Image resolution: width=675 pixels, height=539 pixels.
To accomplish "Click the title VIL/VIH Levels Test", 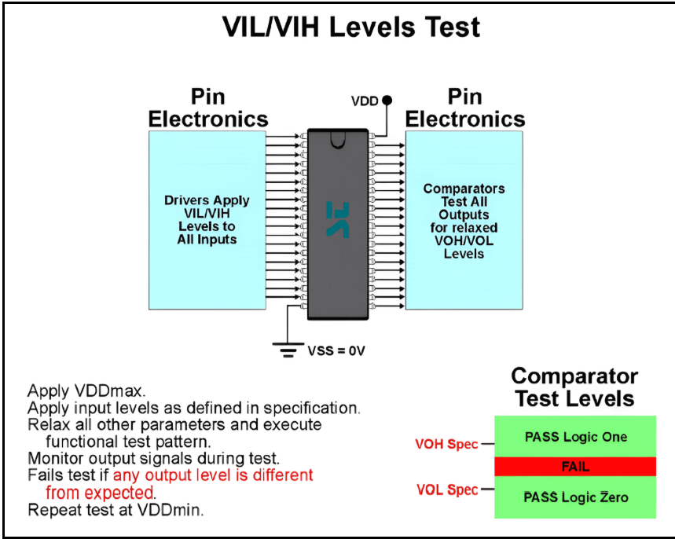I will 351,27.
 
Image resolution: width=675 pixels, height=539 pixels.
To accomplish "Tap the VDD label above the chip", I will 365,101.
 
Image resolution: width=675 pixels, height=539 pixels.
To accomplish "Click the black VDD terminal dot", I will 387,101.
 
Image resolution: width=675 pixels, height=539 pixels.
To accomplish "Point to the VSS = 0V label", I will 336,350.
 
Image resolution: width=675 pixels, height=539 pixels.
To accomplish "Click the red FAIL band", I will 574,467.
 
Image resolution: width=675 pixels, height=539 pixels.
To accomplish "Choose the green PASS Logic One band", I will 574,437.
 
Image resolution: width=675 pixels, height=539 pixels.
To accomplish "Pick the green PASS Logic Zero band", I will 574,497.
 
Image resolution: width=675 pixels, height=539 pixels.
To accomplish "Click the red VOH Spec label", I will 446,444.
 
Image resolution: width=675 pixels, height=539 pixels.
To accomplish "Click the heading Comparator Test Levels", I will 574,387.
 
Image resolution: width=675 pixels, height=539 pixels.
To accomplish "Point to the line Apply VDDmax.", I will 77,390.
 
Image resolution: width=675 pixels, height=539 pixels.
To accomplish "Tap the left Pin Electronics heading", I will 208,108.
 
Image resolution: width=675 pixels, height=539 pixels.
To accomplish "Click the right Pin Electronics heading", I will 464,108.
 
